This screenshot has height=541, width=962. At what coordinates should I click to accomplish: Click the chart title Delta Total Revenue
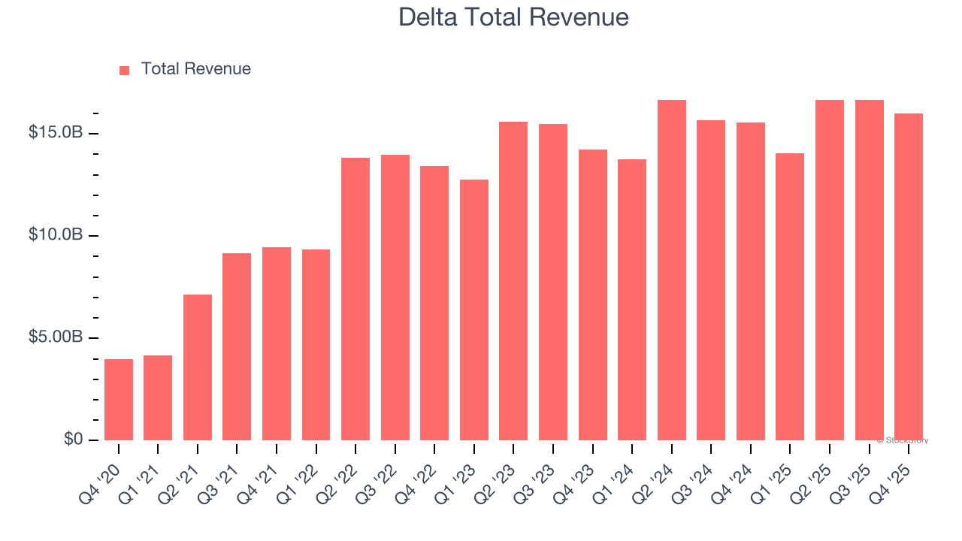(x=513, y=17)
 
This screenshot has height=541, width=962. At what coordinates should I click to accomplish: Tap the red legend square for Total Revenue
(x=125, y=71)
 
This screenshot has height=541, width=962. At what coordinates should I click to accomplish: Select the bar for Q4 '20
(x=119, y=400)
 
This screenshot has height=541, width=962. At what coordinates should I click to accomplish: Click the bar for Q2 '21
(x=198, y=367)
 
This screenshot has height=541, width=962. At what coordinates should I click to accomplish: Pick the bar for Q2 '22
(x=355, y=299)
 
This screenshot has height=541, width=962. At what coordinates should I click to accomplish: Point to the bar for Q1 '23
(x=474, y=310)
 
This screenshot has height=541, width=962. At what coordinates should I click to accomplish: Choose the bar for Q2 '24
(x=672, y=270)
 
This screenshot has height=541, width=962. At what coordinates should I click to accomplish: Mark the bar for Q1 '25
(x=790, y=297)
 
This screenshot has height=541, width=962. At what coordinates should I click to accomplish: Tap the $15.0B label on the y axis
(x=56, y=133)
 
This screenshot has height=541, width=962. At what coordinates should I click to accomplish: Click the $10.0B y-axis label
(x=56, y=235)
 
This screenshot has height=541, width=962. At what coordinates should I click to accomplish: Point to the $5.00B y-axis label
(x=56, y=337)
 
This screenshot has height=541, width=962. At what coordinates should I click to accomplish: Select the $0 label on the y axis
(x=73, y=440)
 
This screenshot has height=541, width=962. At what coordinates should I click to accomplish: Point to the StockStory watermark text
(x=902, y=440)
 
